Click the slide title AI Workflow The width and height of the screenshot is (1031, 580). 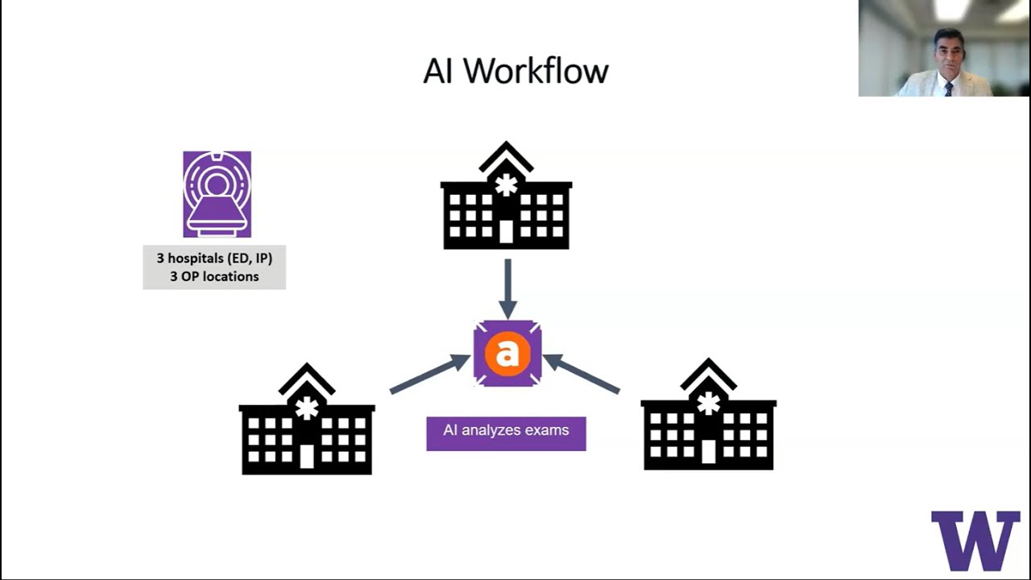[515, 71]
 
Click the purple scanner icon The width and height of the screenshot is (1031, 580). [217, 194]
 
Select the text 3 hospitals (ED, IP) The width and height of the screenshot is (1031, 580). [214, 259]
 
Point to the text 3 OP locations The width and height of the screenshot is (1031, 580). [214, 276]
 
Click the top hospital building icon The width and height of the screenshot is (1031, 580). [506, 197]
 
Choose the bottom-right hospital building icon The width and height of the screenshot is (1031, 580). [708, 416]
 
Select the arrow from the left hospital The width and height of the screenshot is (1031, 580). [429, 375]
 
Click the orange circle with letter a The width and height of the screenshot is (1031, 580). [507, 353]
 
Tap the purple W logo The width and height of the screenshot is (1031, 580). [975, 540]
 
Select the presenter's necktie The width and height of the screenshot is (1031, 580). [949, 89]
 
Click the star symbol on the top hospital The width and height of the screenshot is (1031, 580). [506, 185]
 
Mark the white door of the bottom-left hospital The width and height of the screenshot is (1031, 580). [306, 456]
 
